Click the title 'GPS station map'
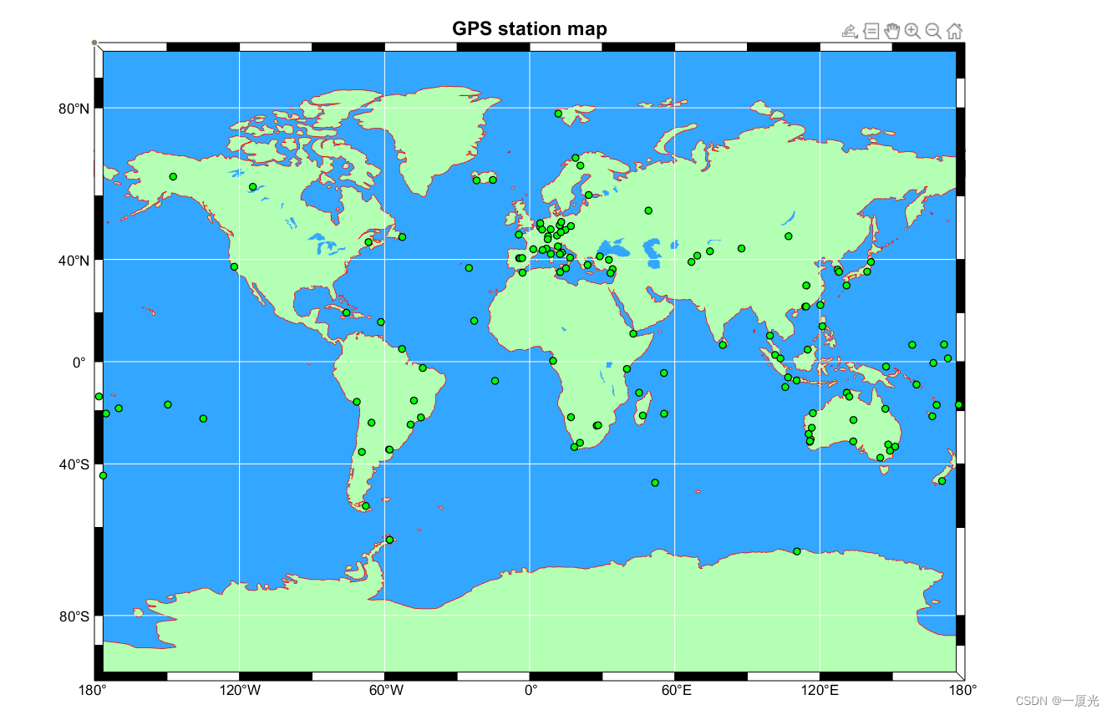point(530,29)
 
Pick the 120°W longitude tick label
point(240,691)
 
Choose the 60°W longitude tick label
point(385,691)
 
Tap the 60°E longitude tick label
point(676,691)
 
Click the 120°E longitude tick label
point(820,691)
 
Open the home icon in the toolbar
point(955,32)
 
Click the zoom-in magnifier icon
point(912,32)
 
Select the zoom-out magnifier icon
point(933,32)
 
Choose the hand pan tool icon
point(892,32)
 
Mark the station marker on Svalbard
point(558,114)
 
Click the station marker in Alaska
point(173,176)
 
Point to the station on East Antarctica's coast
point(797,551)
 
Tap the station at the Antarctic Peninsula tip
point(389,540)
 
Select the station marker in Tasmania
point(881,458)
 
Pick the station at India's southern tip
point(723,345)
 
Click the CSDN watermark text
point(1064,701)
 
